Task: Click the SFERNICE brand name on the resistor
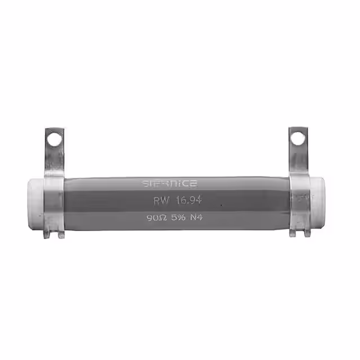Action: pos(169,183)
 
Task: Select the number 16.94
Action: pos(188,201)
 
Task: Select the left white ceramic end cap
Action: pos(35,204)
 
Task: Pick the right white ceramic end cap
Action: pos(316,202)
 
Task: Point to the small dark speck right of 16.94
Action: pos(220,206)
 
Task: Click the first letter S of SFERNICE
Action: pos(145,183)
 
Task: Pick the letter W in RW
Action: pos(164,201)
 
